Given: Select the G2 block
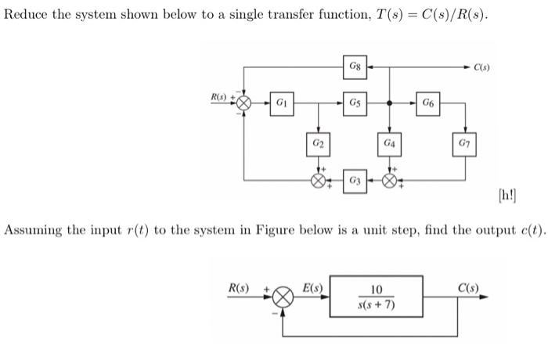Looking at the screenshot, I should pyautogui.click(x=318, y=146).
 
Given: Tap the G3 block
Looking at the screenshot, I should pyautogui.click(x=355, y=181).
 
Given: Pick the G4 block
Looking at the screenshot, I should pyautogui.click(x=390, y=146).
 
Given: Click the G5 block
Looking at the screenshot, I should pyautogui.click(x=355, y=103).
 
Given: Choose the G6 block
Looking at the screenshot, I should pyautogui.click(x=428, y=103).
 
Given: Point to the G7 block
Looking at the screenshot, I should pyautogui.click(x=467, y=146).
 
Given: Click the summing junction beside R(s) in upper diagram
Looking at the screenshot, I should pyautogui.click(x=245, y=103).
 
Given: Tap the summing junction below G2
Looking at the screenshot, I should pyautogui.click(x=318, y=181).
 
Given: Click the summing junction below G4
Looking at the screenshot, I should pyautogui.click(x=390, y=181).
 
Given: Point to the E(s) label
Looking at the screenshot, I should pyautogui.click(x=314, y=286).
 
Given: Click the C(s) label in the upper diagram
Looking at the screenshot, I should pyautogui.click(x=483, y=67).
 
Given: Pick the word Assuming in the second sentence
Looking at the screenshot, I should pyautogui.click(x=34, y=230).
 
